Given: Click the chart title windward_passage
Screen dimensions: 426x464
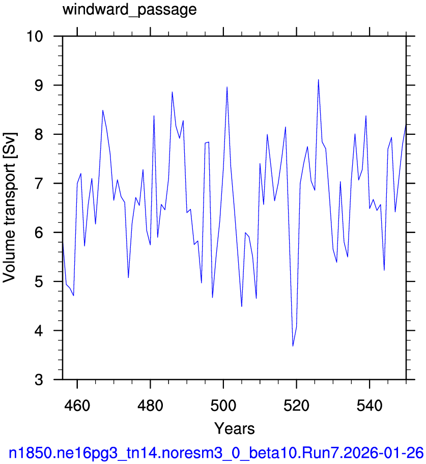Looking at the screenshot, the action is pos(129,10).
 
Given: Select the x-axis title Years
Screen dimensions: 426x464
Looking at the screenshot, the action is pos(235,428).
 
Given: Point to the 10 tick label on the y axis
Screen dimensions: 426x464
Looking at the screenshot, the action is pos(35,37).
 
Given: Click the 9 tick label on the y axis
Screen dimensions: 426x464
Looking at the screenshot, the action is pos(39,85).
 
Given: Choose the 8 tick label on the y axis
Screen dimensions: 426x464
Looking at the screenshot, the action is pos(39,134).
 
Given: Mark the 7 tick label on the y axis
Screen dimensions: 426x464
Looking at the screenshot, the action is pos(39,184).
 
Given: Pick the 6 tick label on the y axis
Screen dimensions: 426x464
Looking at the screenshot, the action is pos(39,233).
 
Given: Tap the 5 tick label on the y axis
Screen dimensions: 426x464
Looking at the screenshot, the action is pos(39,281).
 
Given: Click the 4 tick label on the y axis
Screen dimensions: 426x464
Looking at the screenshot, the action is pos(39,331).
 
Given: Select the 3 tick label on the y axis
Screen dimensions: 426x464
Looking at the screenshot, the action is pos(39,380).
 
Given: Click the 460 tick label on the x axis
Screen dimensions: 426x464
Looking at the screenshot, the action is pos(77,405).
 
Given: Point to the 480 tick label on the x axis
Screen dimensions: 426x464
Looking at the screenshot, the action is pos(150,405).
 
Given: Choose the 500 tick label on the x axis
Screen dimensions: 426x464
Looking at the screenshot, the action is pos(223,405).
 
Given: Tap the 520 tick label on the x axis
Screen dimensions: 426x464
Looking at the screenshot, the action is pos(296,405).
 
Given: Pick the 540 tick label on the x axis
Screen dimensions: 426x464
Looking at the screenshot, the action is pos(370,405).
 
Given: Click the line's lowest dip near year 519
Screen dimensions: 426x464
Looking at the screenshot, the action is pos(293,345).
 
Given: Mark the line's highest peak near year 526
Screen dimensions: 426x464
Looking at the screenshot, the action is pos(318,79).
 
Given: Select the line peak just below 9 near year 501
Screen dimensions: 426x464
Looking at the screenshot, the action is pos(227,87).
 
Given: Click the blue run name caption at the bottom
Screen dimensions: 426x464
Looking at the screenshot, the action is pos(216,453).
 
